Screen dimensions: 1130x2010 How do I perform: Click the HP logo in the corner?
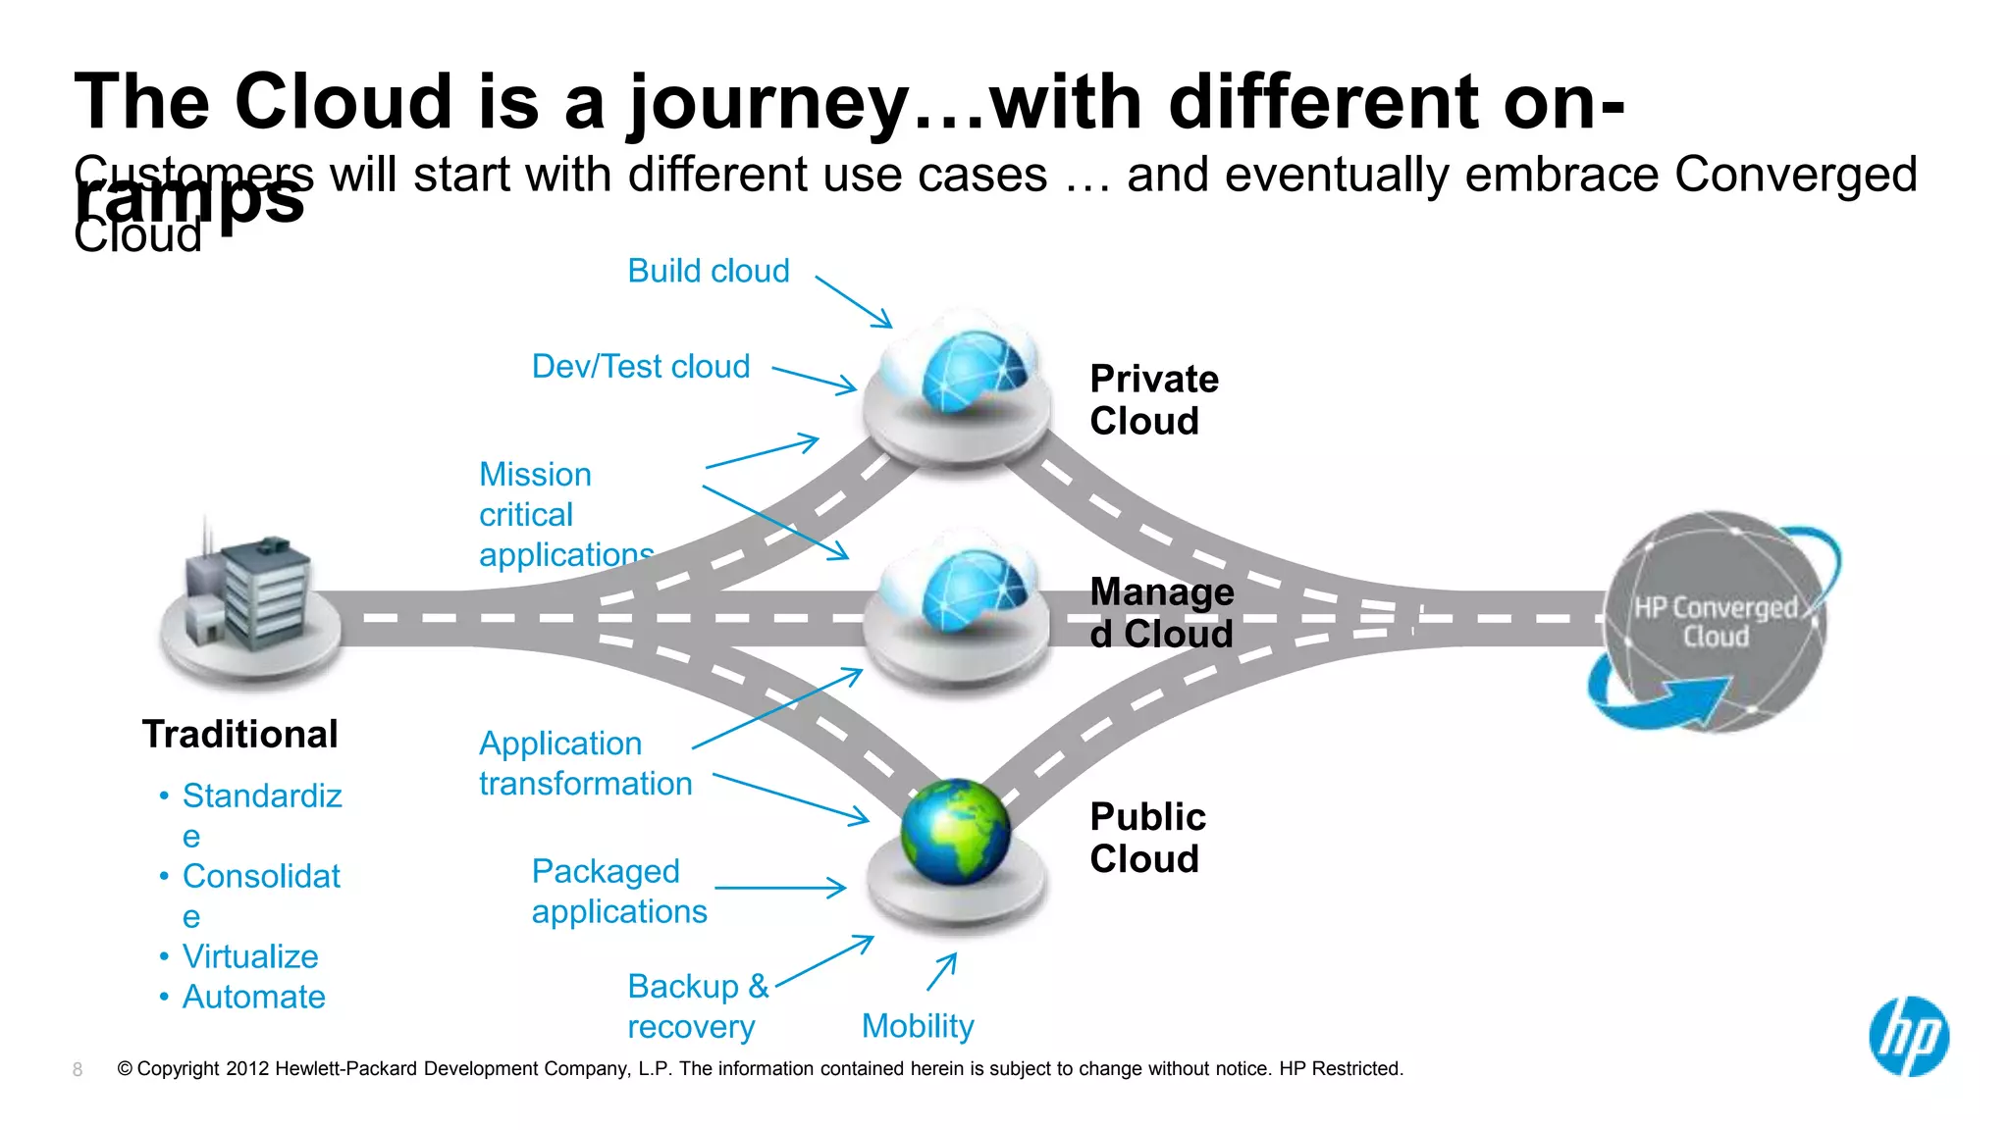click(1908, 1037)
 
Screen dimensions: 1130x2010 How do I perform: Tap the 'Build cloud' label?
click(709, 271)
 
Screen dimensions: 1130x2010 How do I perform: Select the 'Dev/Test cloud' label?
click(641, 366)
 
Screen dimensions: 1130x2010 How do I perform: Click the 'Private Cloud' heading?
click(1154, 400)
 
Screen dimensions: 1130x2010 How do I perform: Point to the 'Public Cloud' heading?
click(1147, 838)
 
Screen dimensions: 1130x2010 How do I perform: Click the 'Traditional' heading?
click(240, 734)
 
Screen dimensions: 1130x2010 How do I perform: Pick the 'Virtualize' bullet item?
click(250, 956)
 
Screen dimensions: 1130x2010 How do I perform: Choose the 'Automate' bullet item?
click(253, 997)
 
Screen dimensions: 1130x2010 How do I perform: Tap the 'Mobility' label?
click(918, 1026)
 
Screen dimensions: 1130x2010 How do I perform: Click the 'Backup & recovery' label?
click(697, 1006)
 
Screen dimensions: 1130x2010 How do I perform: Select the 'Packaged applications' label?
click(618, 891)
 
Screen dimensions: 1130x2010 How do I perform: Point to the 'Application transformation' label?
click(585, 763)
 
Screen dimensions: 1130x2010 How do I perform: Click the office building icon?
click(250, 598)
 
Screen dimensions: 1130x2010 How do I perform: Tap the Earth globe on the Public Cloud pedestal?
click(955, 832)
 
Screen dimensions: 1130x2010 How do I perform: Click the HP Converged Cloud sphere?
click(1716, 622)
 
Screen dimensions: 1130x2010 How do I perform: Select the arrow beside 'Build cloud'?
click(853, 301)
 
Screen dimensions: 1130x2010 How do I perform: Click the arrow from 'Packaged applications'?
click(780, 888)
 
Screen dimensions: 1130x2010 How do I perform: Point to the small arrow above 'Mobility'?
click(942, 971)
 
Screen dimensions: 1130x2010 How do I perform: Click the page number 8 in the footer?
click(78, 1069)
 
